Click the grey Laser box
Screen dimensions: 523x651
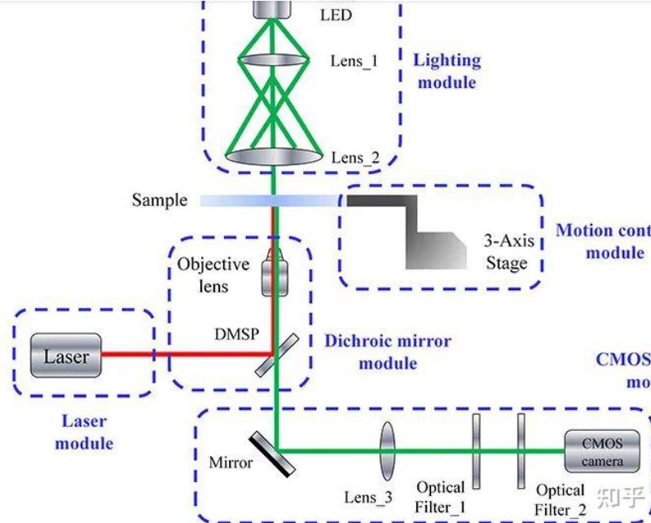66,356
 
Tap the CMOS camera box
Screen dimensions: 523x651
602,452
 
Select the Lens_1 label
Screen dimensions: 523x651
354,61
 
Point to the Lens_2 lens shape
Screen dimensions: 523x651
274,154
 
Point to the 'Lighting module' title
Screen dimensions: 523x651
446,71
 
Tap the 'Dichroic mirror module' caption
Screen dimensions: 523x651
387,351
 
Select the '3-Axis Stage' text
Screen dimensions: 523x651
506,253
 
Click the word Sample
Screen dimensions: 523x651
160,200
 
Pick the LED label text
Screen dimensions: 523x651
336,15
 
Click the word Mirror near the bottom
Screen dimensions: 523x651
231,463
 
